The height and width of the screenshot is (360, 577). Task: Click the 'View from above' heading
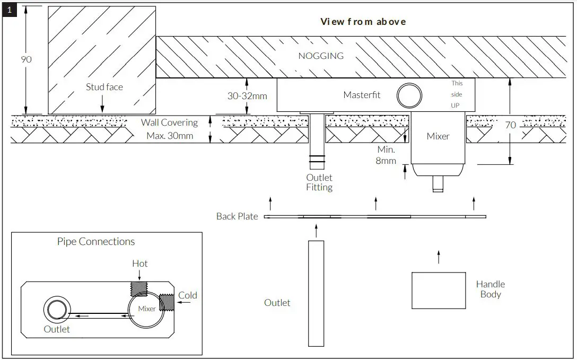[363, 22]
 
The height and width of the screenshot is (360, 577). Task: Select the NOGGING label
[321, 56]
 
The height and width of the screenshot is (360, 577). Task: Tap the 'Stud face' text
[104, 87]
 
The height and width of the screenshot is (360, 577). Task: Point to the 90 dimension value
[26, 59]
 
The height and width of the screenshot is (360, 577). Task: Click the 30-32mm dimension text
[247, 96]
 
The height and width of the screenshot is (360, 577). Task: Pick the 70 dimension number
[510, 126]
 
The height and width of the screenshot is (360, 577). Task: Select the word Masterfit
[362, 95]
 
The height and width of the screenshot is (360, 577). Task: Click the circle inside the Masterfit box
[410, 95]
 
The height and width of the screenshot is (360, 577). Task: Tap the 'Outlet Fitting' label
[319, 182]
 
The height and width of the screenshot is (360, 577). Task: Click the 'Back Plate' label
[237, 216]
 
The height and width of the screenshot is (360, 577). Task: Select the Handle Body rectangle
[438, 290]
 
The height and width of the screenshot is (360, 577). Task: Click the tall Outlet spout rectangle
[316, 293]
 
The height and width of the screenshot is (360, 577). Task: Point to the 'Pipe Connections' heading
[96, 242]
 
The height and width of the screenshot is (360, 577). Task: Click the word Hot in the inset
[140, 264]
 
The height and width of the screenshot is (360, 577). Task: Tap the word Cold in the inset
[188, 295]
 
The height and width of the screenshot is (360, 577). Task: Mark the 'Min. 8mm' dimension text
[386, 155]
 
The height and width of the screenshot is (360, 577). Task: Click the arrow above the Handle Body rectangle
[438, 257]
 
